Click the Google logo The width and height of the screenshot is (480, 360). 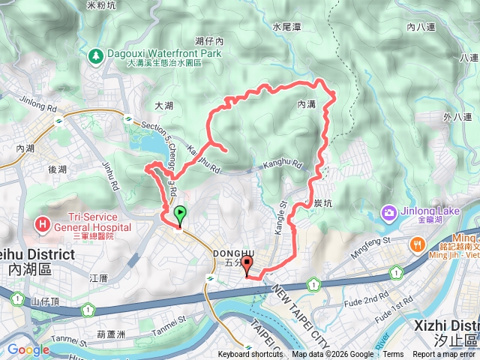click(x=28, y=349)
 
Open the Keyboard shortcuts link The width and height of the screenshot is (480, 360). click(x=250, y=355)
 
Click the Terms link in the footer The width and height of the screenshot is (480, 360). click(x=393, y=355)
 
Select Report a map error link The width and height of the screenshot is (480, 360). click(x=445, y=355)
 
